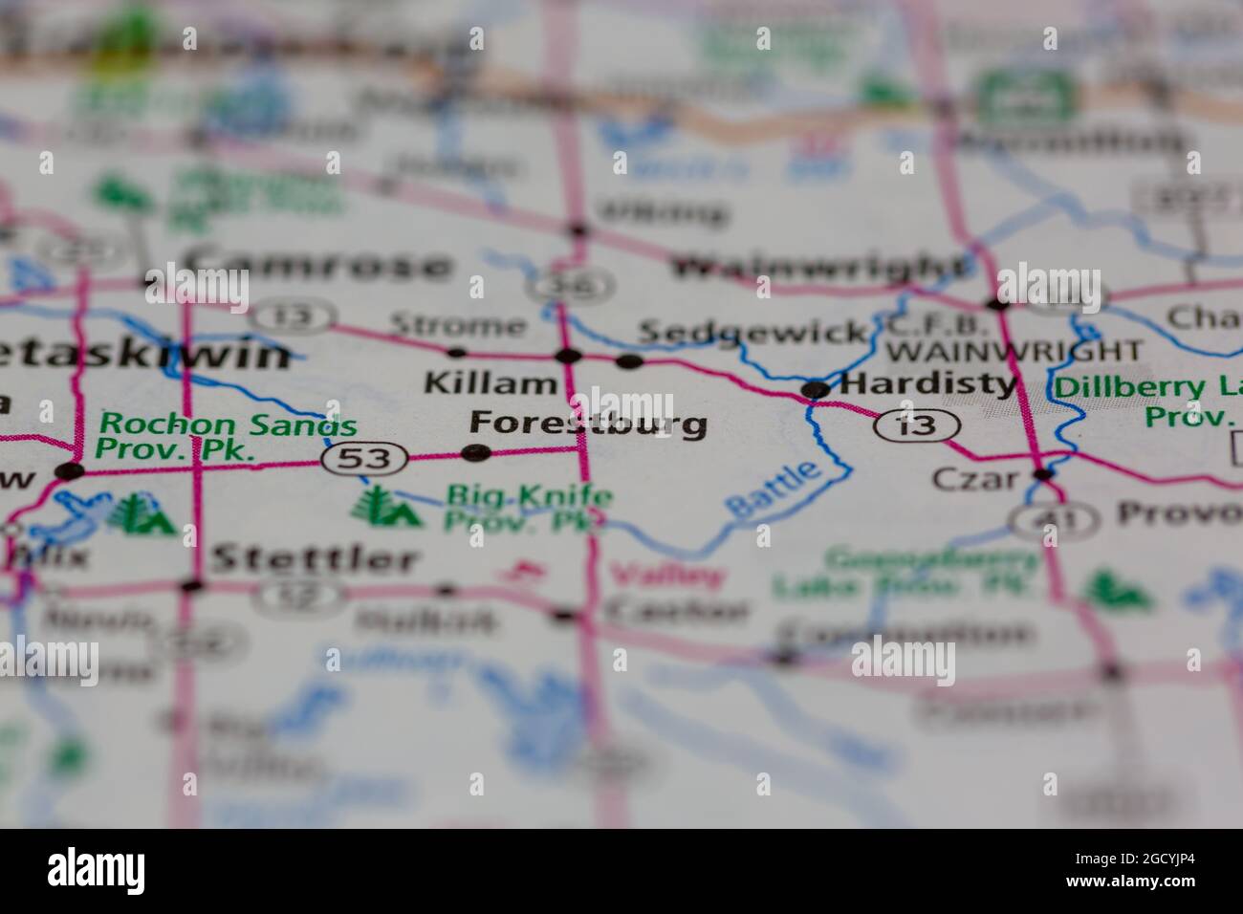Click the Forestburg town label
click(x=589, y=423)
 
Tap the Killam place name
click(x=490, y=384)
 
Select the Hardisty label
click(x=927, y=384)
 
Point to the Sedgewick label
click(x=752, y=332)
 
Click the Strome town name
click(x=458, y=325)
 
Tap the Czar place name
click(x=975, y=477)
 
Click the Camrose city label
click(x=316, y=264)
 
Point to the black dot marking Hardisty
click(x=815, y=389)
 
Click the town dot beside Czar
click(x=1044, y=473)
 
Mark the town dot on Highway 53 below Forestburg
click(x=475, y=452)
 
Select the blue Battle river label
click(x=774, y=490)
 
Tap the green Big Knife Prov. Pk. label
click(x=529, y=508)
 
